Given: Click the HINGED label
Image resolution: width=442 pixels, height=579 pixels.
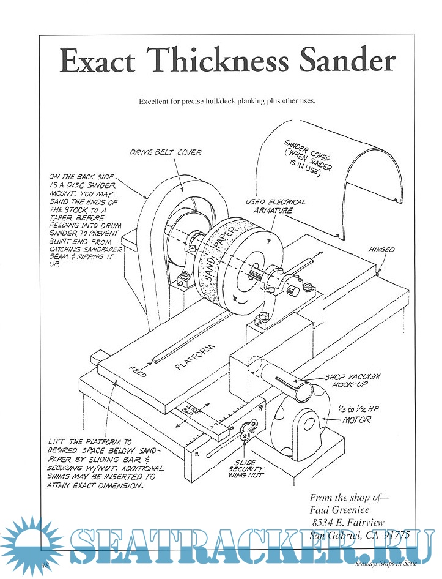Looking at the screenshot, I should [x=381, y=250].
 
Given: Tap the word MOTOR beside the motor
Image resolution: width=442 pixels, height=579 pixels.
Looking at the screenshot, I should [x=356, y=420].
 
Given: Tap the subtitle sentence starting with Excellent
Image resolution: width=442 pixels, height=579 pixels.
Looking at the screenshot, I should [x=227, y=101].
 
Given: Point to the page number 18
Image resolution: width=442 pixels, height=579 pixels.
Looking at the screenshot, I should [x=45, y=564].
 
